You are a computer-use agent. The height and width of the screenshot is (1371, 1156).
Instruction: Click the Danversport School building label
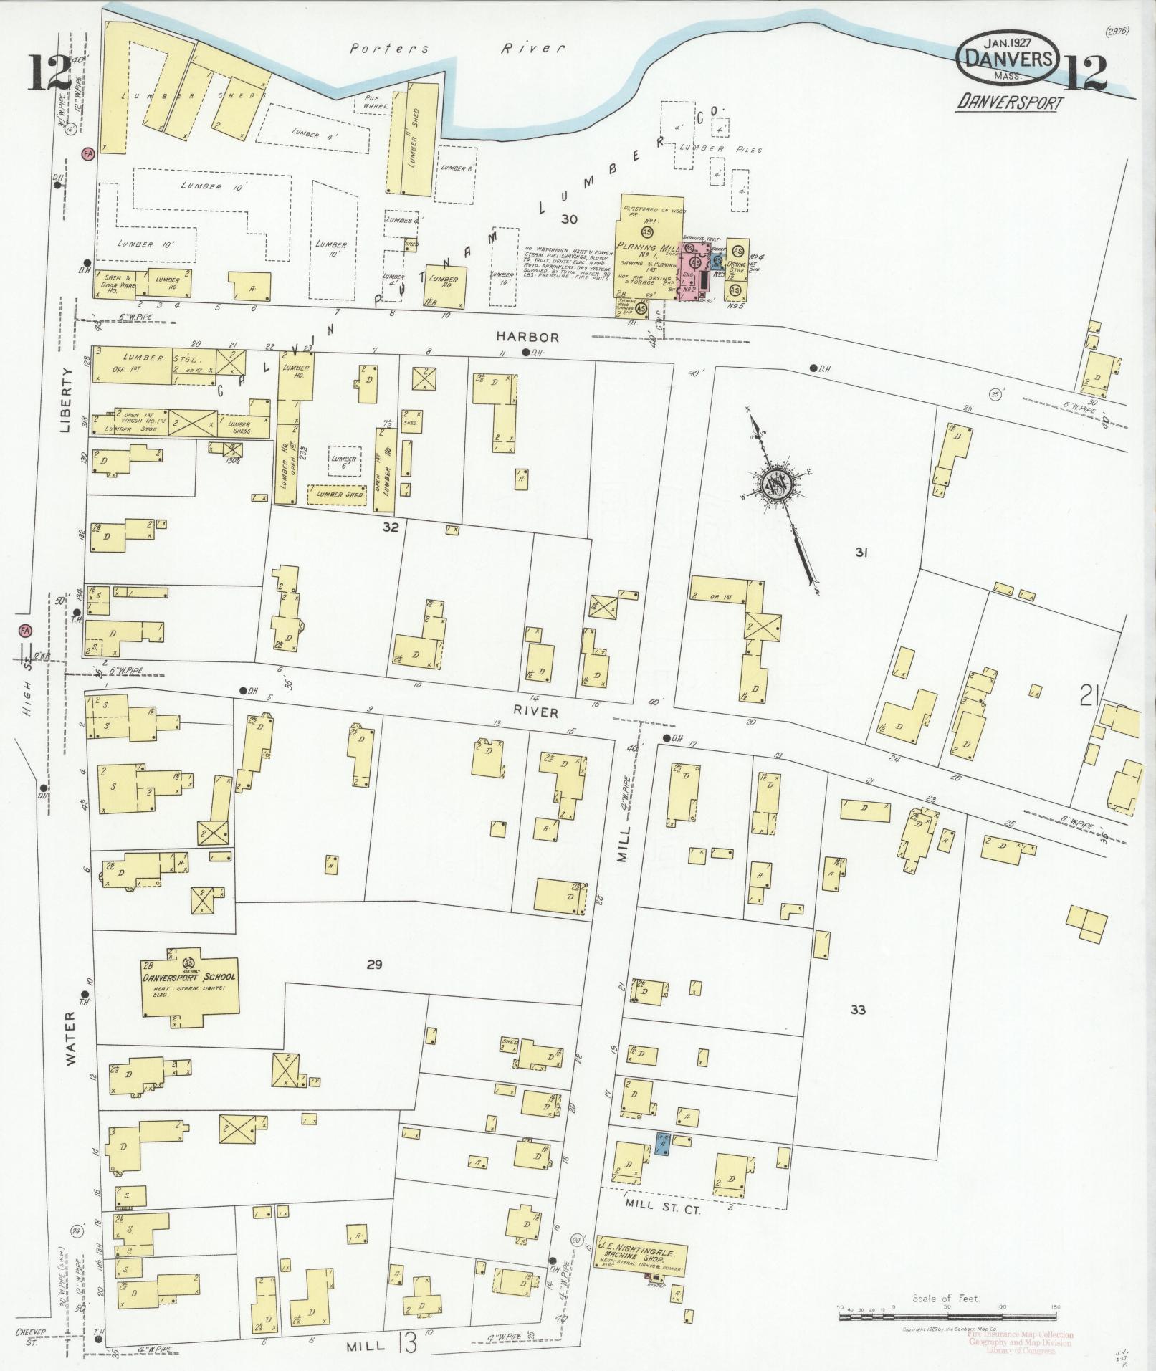click(190, 978)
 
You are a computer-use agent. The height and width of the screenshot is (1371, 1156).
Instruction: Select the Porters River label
click(457, 49)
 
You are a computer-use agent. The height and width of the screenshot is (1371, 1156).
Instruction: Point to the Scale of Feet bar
click(946, 1307)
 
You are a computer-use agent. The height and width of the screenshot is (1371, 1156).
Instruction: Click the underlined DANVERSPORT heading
click(1010, 102)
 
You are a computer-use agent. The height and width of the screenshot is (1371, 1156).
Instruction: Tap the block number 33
click(858, 1010)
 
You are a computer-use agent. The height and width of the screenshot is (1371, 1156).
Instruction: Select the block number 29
click(373, 965)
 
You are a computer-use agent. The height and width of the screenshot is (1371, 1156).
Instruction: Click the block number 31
click(861, 552)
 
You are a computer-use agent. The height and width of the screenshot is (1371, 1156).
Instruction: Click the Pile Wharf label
click(376, 102)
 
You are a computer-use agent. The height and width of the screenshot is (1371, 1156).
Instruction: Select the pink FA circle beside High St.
click(26, 631)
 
